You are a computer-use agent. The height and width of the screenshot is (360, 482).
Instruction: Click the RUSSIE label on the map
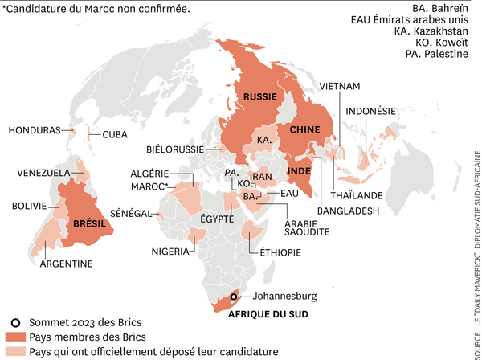point(260,96)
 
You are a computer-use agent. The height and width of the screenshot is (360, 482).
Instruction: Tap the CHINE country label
point(304,129)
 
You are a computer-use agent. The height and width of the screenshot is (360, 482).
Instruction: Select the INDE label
point(300,171)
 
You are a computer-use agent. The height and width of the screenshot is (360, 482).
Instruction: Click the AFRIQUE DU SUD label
point(268,314)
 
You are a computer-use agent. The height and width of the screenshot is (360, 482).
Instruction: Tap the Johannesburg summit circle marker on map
point(234,296)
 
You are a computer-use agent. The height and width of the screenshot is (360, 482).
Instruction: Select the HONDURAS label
point(34,129)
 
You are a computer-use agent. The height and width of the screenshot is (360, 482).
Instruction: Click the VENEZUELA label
point(43,173)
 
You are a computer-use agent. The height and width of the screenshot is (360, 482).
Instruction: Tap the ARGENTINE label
point(66,264)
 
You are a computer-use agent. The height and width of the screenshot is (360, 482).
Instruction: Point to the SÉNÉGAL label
point(131,213)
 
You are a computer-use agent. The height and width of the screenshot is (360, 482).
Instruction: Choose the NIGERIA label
point(170,252)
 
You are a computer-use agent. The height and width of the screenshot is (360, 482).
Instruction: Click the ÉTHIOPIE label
point(280,252)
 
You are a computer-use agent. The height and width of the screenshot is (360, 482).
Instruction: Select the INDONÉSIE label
point(370,111)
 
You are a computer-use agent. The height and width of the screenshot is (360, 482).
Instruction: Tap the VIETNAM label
point(339,86)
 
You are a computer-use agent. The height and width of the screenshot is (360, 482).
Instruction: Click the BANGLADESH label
point(348,211)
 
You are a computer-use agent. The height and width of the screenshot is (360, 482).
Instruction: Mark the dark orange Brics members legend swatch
point(14,337)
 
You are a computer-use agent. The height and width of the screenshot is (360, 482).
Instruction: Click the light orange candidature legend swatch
point(14,352)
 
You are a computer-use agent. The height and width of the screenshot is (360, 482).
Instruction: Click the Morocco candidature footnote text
point(96,9)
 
